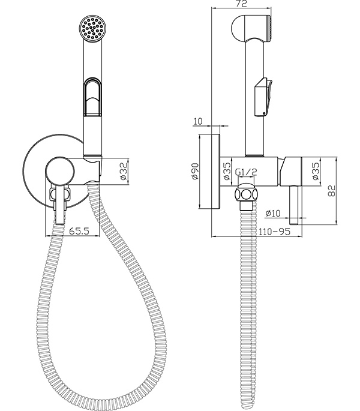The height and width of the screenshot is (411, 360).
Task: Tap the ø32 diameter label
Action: point(122,172)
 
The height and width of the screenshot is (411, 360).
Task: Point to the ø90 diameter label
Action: point(195,172)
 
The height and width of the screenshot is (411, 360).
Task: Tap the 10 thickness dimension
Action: point(198,122)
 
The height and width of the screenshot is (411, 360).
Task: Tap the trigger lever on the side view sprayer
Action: point(264,96)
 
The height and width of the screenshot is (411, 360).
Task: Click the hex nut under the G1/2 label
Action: point(246,196)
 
